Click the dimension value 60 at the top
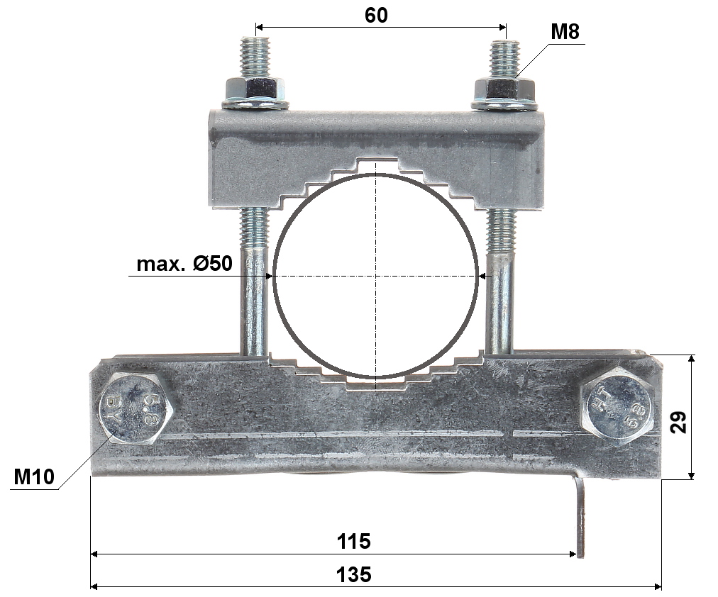[x=376, y=15]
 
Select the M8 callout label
[x=565, y=32]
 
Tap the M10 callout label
[x=34, y=476]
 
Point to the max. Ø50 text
[x=184, y=264]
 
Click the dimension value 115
[x=353, y=541]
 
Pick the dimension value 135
[x=353, y=574]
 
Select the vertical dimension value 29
[x=678, y=422]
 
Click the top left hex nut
[x=255, y=89]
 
